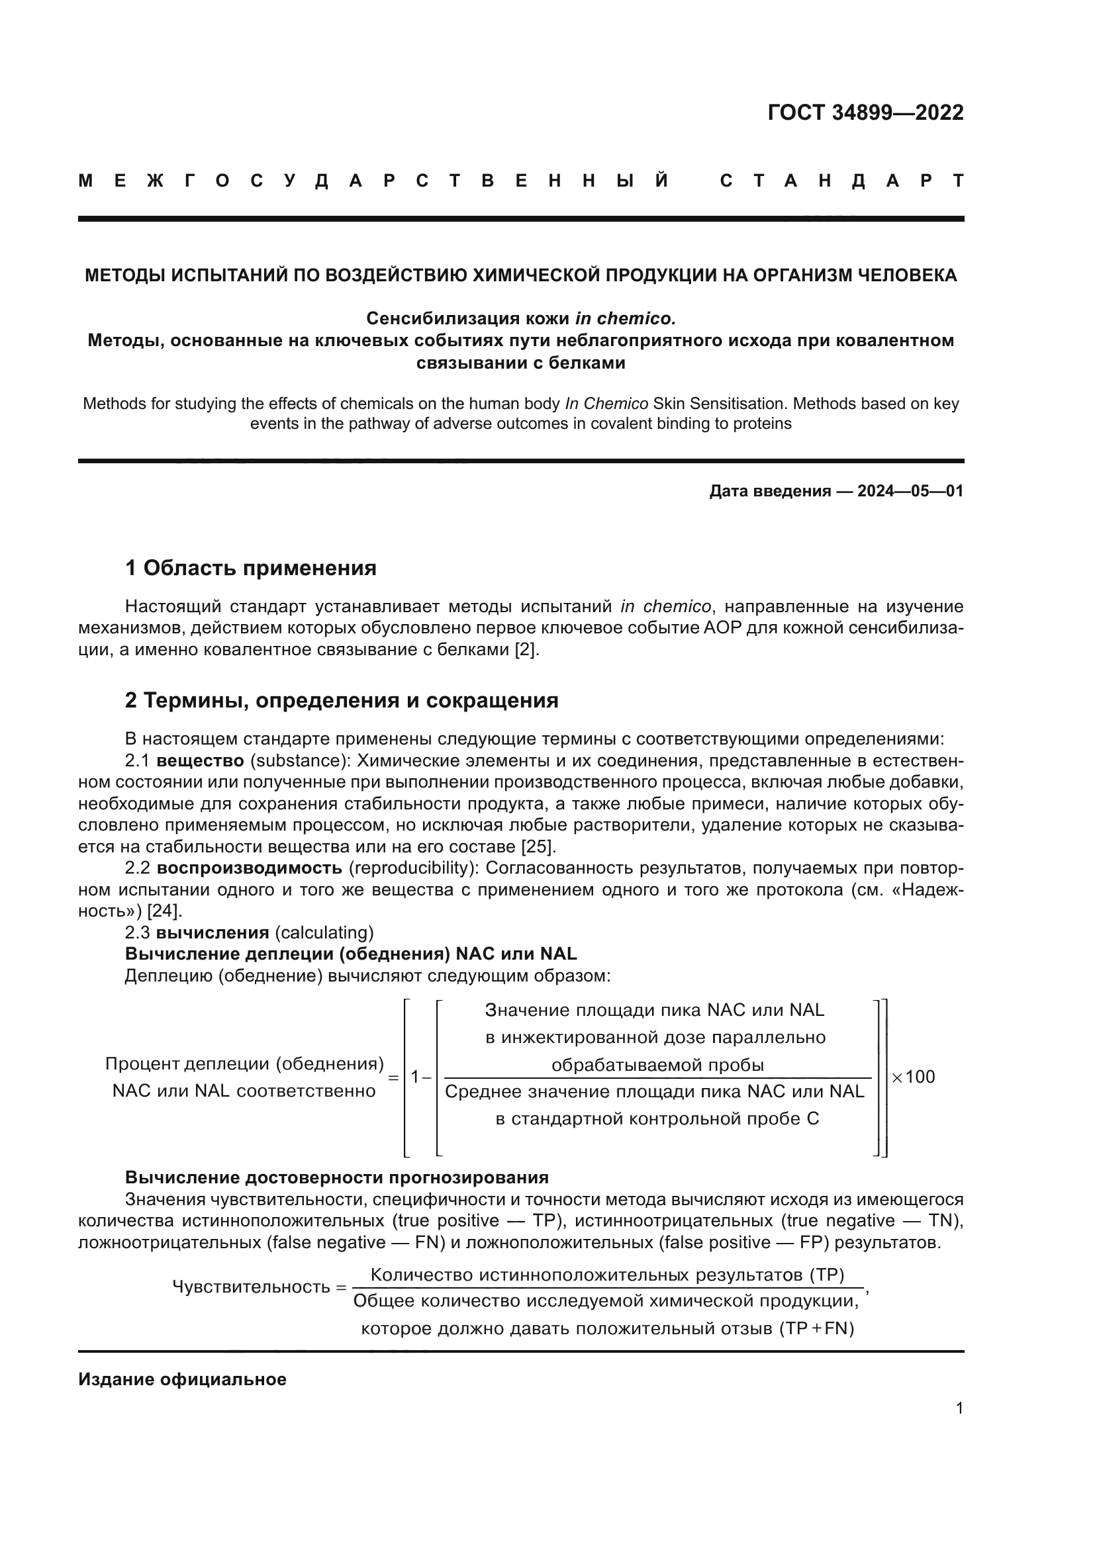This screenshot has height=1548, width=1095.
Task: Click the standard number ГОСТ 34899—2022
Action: (x=865, y=113)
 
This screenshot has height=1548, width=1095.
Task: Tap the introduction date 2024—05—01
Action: (x=910, y=491)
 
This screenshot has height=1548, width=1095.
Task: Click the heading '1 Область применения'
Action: (x=250, y=568)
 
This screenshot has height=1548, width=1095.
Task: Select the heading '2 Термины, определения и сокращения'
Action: (x=341, y=700)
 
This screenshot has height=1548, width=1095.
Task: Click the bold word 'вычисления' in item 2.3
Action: (x=213, y=933)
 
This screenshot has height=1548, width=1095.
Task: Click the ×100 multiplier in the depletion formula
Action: (x=914, y=1077)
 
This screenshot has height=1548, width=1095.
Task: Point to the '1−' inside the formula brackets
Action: (x=421, y=1077)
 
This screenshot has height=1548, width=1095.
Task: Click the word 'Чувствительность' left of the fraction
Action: (x=251, y=1287)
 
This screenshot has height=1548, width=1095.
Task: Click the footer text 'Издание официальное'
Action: (x=182, y=1379)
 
